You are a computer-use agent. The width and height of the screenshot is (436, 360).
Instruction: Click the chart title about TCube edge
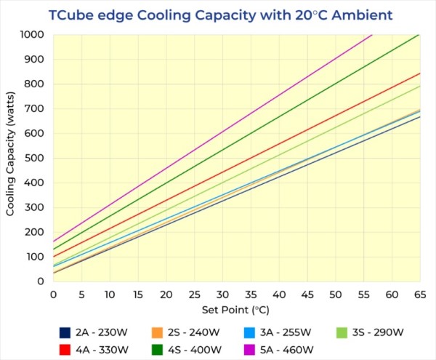[221, 14]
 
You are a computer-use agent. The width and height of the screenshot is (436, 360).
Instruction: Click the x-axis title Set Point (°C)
[237, 309]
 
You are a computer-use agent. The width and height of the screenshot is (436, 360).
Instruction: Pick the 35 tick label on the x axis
[251, 295]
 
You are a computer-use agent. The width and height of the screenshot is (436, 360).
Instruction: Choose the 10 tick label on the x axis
[110, 295]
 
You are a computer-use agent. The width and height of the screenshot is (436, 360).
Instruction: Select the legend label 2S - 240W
[193, 332]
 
